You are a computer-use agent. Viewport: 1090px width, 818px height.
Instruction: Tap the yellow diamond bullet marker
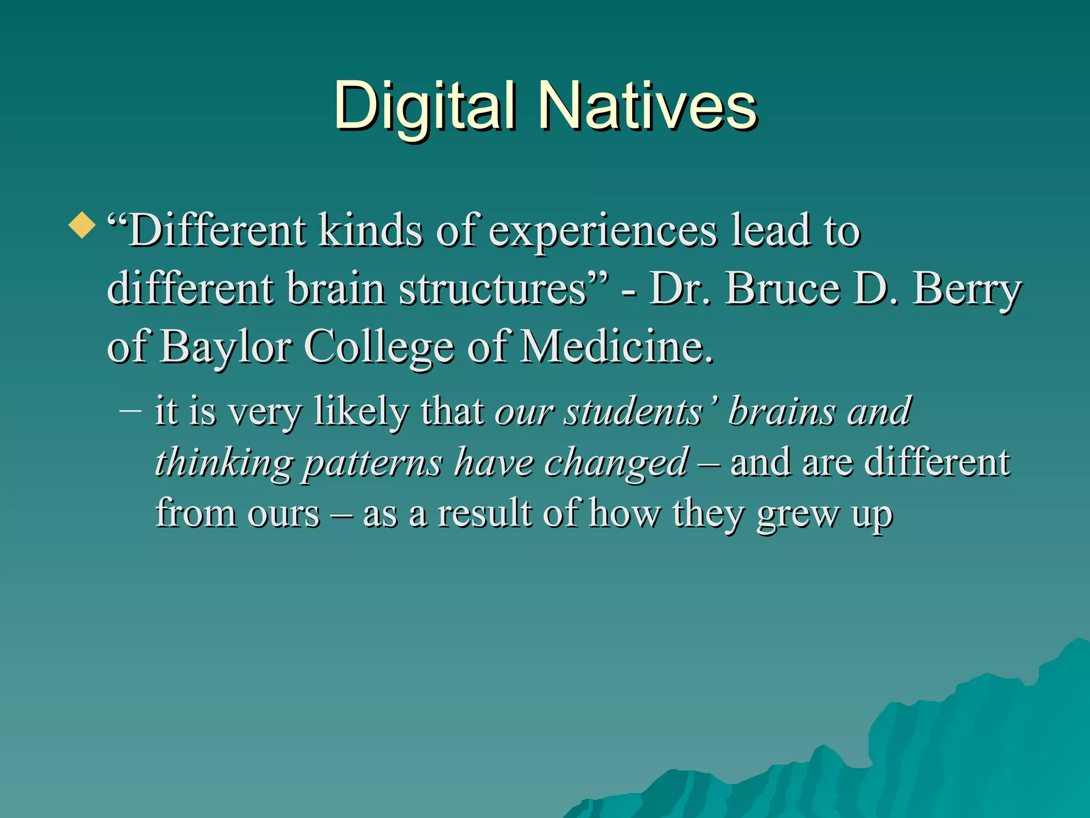click(82, 225)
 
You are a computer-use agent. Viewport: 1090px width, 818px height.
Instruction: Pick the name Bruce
click(782, 289)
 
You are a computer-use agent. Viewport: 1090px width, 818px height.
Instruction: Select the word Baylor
click(226, 347)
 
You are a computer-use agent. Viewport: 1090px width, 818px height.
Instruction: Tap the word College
click(379, 347)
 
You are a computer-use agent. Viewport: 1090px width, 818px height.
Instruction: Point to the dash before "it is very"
click(131, 411)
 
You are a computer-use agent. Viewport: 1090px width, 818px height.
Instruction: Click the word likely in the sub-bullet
click(361, 412)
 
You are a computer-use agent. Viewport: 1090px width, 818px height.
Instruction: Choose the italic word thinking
click(224, 462)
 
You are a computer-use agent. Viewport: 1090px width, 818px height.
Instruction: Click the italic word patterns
click(373, 462)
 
